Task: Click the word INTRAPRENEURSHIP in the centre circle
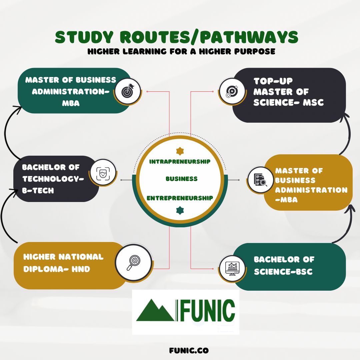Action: point(180,162)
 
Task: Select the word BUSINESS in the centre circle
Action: point(182,179)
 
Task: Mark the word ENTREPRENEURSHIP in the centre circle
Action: point(180,198)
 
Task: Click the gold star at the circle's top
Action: point(180,151)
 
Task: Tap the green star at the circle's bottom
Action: point(180,210)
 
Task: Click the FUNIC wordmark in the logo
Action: point(208,311)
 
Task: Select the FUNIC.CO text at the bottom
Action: point(189,351)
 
